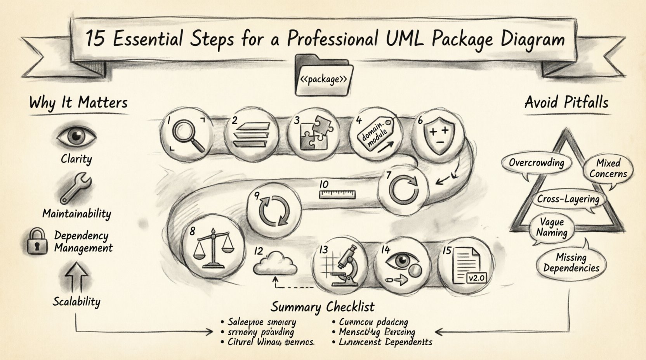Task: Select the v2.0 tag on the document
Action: point(476,278)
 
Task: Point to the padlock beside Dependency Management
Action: point(38,241)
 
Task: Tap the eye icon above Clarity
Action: point(76,136)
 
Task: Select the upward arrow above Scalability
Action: point(76,277)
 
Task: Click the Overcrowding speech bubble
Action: point(537,163)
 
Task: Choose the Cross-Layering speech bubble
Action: point(568,199)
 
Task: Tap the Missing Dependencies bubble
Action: point(571,262)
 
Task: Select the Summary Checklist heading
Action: point(323,306)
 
